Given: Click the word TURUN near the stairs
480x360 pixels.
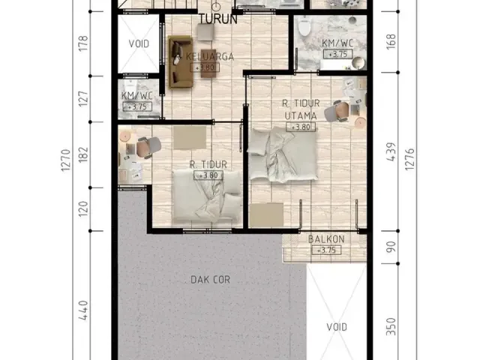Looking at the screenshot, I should [218, 19].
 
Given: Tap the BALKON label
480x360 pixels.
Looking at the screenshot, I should [325, 240].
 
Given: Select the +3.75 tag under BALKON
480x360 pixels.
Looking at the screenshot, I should [325, 250].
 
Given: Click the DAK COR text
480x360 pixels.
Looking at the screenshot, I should [211, 280].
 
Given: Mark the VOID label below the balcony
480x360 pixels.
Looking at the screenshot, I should [337, 327].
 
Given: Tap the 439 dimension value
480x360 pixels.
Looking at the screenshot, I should [390, 152].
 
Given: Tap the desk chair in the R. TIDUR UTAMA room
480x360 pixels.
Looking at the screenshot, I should [341, 110].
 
